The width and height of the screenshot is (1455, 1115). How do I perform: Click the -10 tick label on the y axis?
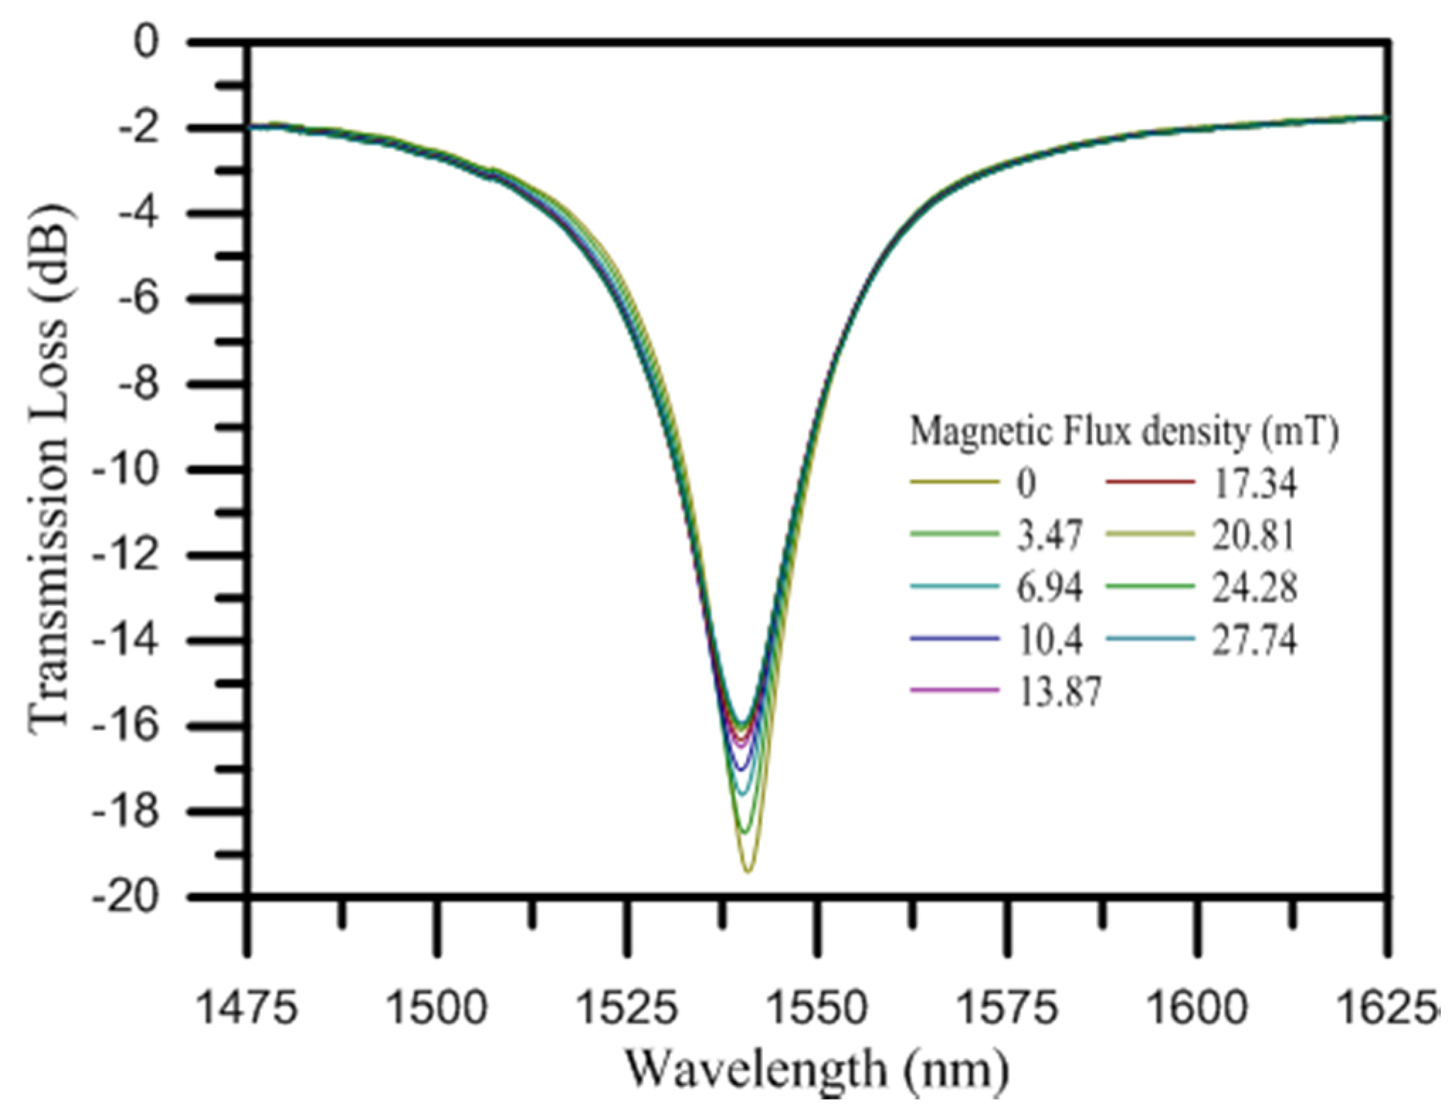click(130, 470)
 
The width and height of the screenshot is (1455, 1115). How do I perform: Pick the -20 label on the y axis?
click(130, 897)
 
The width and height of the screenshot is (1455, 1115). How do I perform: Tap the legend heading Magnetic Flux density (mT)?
click(1124, 432)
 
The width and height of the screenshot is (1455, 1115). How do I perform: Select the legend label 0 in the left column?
click(1025, 483)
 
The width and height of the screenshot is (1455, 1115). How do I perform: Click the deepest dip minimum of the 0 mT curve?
click(747, 871)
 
